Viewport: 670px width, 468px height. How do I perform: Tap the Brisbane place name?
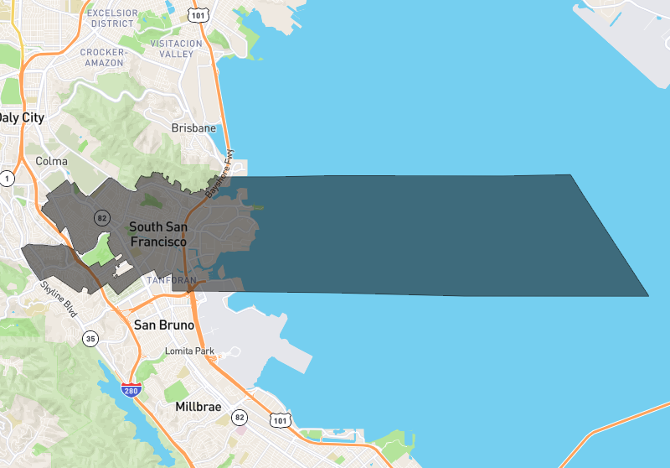(193, 128)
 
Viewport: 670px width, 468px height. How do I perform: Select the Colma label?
(51, 161)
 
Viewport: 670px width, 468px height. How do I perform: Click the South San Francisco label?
(157, 234)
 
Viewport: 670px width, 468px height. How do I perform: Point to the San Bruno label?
(164, 325)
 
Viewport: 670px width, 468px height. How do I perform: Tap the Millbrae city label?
(198, 407)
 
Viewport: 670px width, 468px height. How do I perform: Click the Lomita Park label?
(191, 351)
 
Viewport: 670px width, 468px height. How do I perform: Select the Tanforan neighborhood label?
(170, 279)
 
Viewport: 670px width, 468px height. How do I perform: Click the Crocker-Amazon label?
(103, 57)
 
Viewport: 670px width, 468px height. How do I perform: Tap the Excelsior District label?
(112, 18)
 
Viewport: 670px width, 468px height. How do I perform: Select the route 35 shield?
(90, 339)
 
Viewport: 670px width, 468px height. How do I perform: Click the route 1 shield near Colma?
(8, 178)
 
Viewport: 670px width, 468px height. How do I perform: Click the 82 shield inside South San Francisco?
(102, 217)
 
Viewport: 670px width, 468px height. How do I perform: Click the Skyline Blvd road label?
(59, 299)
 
